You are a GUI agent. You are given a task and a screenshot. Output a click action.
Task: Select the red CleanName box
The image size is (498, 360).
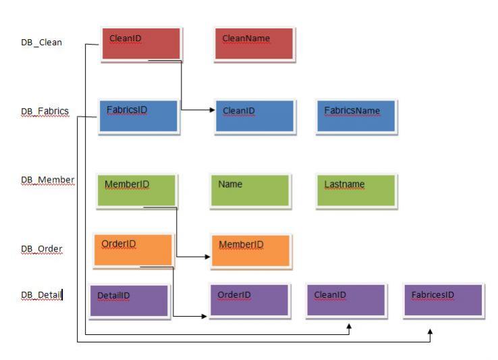pyautogui.click(x=254, y=44)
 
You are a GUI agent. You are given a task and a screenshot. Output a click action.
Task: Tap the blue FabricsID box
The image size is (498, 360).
pyautogui.click(x=138, y=115)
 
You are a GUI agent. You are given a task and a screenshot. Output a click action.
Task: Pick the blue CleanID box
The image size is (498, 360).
pyautogui.click(x=254, y=116)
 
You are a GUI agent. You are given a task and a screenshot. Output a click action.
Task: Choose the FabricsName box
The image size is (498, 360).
pyautogui.click(x=355, y=116)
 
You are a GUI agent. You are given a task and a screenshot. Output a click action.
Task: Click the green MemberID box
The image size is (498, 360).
pyautogui.click(x=136, y=189)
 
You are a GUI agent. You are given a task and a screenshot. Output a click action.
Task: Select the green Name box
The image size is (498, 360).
pyautogui.click(x=250, y=189)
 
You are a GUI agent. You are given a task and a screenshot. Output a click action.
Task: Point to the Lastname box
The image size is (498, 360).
pyautogui.click(x=355, y=189)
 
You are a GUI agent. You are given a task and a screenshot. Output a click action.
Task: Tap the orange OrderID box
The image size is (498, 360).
pyautogui.click(x=133, y=249)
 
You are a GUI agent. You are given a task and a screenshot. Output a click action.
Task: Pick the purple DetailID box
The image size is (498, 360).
pyautogui.click(x=128, y=301)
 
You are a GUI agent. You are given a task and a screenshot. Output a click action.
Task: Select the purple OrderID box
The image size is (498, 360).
pyautogui.click(x=249, y=300)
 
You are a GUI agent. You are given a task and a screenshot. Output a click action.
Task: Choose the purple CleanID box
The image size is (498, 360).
pyautogui.click(x=345, y=300)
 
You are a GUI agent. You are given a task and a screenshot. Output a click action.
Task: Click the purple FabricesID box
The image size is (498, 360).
pyautogui.click(x=443, y=300)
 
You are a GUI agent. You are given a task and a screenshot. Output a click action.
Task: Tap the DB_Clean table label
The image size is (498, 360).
pyautogui.click(x=41, y=43)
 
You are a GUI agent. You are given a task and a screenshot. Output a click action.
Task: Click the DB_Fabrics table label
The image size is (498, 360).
pyautogui.click(x=45, y=111)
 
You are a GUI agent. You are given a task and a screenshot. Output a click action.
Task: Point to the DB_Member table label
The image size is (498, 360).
pyautogui.click(x=47, y=180)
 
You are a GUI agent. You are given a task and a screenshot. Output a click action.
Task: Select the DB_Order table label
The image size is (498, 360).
pyautogui.click(x=42, y=249)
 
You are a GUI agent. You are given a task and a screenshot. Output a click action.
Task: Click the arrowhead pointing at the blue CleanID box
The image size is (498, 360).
pyautogui.click(x=211, y=110)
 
